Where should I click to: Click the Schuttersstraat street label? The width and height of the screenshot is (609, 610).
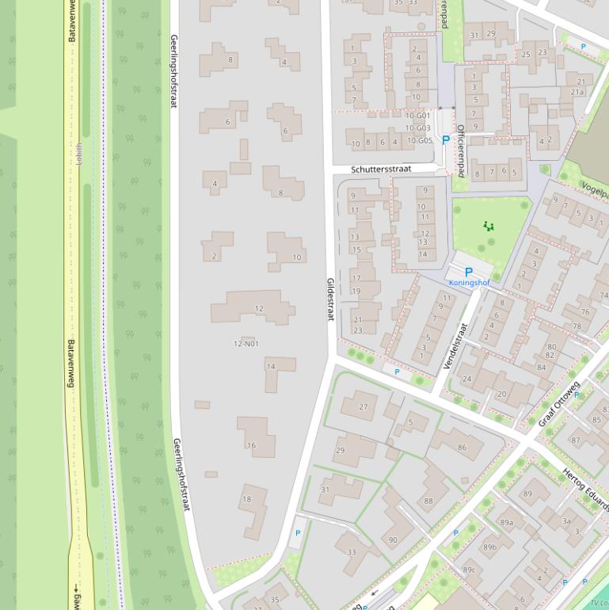point(381,169)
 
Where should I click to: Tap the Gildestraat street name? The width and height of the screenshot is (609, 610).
point(331,299)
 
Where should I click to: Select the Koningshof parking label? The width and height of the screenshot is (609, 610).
point(469,283)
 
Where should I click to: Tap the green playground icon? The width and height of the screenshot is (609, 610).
point(489,227)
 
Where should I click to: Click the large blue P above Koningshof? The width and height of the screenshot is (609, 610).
point(468,272)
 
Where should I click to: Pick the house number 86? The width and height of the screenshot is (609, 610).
point(462,448)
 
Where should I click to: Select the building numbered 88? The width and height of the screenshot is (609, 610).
point(428,501)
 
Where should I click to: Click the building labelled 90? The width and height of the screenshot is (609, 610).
point(393,540)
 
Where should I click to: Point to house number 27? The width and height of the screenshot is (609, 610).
point(363,407)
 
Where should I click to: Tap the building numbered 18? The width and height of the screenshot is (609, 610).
point(247,499)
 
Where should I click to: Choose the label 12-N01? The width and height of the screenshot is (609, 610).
point(246,344)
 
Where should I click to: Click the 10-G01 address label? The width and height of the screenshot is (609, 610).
point(417,116)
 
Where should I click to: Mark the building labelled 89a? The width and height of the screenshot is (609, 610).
point(507,523)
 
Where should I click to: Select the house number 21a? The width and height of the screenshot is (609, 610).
point(577,92)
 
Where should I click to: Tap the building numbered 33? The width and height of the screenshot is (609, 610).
point(352,552)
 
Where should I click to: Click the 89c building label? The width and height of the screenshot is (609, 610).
point(469,570)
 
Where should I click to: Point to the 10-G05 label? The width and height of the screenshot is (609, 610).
point(420,140)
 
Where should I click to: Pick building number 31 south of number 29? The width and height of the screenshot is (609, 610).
point(325,490)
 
